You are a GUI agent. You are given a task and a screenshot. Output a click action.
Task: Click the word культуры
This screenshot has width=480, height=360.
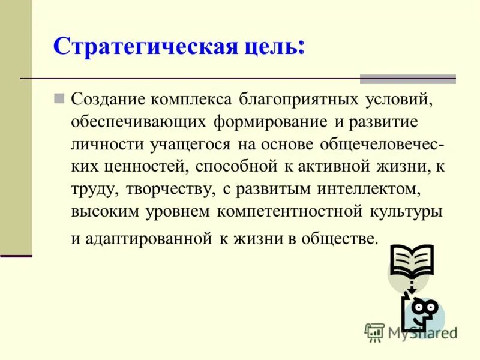(x=409, y=212)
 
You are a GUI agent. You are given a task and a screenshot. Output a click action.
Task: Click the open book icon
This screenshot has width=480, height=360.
(x=411, y=260)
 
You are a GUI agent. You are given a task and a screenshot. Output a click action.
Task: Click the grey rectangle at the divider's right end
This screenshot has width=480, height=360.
(x=407, y=79)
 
